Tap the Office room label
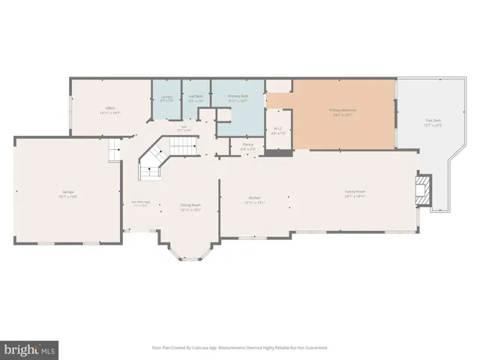point(110,109)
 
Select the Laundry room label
point(167,97)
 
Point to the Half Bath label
point(196,97)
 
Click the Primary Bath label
point(238,97)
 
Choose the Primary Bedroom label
point(342,110)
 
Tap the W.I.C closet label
point(277,128)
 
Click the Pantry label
point(247,145)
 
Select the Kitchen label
point(254,198)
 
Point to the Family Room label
point(355,191)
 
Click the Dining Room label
point(190,205)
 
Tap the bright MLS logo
point(30,349)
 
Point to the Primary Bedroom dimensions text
point(342,115)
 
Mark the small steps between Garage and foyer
point(114,154)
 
